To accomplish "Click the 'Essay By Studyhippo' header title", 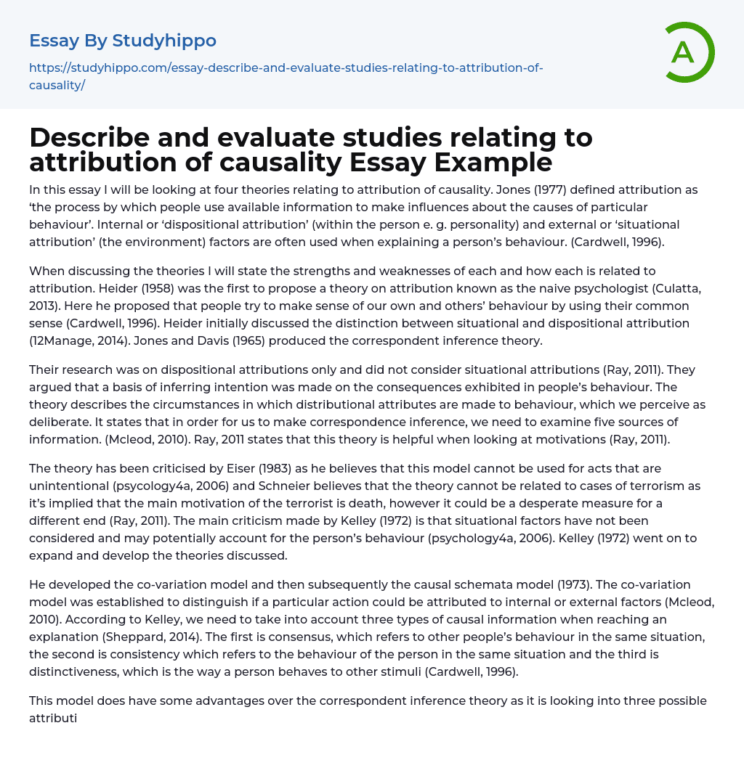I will (122, 41).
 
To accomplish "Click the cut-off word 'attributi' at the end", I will (53, 718).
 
